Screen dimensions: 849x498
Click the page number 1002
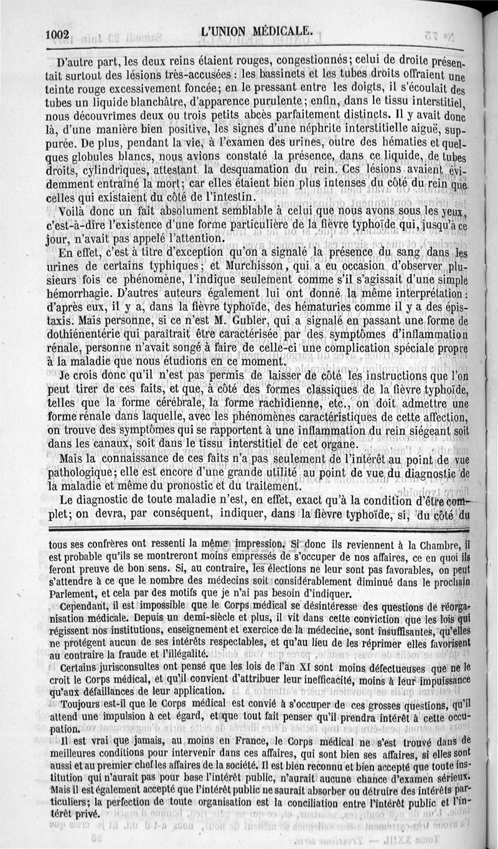coord(59,35)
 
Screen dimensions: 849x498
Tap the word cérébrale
coord(144,404)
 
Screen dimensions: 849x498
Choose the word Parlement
coord(75,594)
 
